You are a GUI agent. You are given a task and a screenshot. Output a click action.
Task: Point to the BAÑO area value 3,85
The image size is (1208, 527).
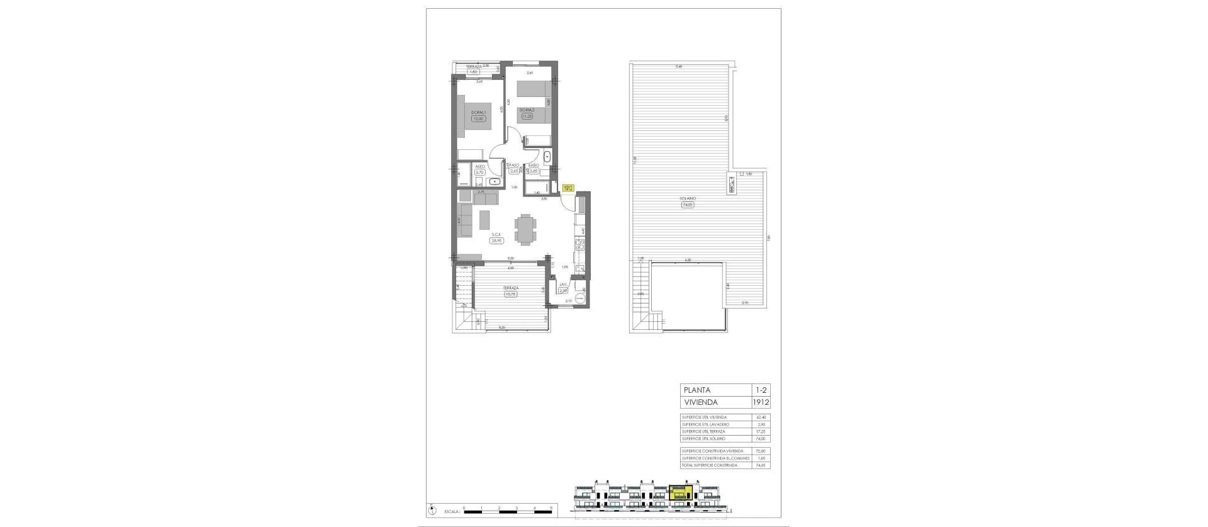click(534, 171)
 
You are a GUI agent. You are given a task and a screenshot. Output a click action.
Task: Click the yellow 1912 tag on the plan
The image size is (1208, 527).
click(568, 188)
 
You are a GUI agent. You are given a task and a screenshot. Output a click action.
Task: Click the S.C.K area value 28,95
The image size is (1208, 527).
click(497, 240)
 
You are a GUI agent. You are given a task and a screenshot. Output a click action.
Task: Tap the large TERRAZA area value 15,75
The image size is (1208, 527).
click(510, 293)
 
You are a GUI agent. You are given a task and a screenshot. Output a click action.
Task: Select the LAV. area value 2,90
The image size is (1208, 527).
click(564, 291)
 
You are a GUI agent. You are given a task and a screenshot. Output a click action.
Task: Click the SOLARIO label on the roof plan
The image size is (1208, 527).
click(687, 198)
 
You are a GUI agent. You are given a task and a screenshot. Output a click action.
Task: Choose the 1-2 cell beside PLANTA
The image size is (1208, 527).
click(761, 390)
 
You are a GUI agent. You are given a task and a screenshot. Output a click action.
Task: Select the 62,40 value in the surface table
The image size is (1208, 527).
click(761, 417)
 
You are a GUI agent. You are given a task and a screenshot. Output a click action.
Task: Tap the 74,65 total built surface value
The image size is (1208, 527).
click(761, 465)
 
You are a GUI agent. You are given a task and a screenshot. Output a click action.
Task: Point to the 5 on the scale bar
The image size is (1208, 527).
click(551, 507)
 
